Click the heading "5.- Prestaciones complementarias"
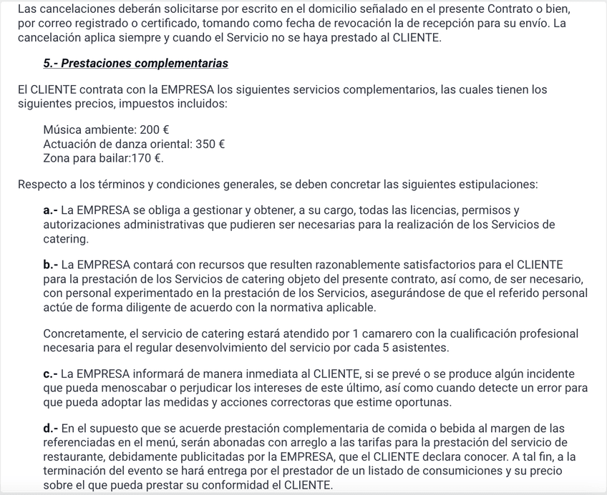[135, 63]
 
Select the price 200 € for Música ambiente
[155, 130]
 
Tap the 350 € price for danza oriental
[210, 144]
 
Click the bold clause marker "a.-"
[50, 211]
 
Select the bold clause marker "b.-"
[50, 265]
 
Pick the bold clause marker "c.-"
[50, 374]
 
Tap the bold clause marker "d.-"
[50, 429]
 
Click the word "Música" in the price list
[62, 130]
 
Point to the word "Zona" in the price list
[57, 157]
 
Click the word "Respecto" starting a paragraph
[41, 185]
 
